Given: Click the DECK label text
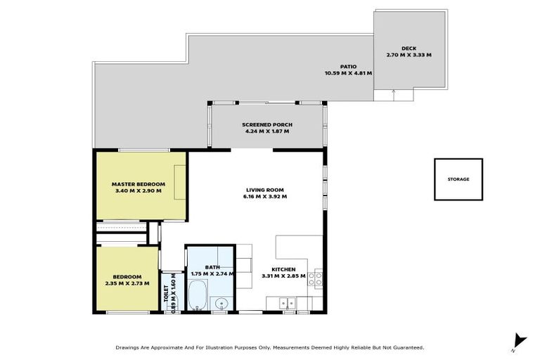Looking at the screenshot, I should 409,48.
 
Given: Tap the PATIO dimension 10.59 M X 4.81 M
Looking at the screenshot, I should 348,72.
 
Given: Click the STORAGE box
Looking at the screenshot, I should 458,179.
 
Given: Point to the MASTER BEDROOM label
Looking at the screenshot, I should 138,184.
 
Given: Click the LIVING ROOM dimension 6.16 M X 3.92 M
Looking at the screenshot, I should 266,196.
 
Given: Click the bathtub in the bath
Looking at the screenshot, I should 197,295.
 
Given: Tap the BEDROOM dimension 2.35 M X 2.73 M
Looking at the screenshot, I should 127,283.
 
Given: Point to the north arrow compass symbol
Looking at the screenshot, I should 519,340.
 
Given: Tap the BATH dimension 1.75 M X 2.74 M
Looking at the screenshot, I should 210,274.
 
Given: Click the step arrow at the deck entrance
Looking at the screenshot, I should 393,92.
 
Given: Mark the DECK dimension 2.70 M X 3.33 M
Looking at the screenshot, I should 409,54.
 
